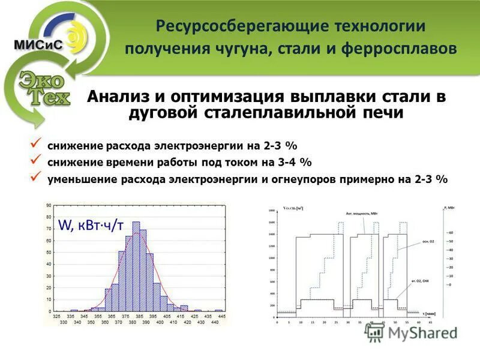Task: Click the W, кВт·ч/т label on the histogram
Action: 91,225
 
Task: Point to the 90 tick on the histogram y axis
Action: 48,206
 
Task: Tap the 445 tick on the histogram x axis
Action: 221,316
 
